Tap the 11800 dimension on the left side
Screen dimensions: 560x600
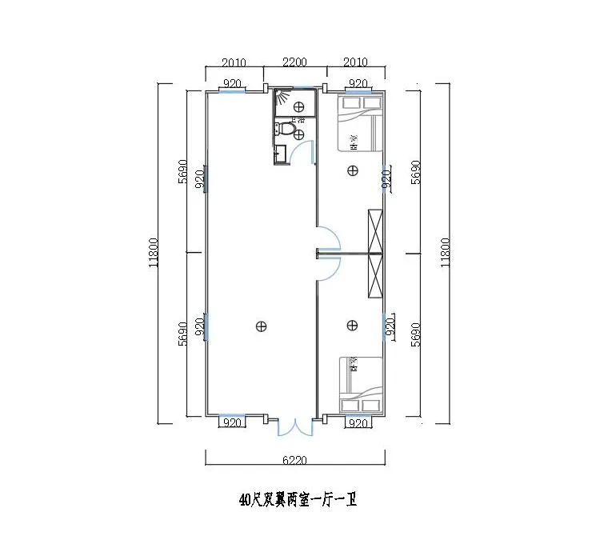(152, 254)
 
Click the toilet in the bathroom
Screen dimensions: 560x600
(290, 129)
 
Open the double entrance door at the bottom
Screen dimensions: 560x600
(295, 427)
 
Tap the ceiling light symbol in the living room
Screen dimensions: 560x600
(260, 325)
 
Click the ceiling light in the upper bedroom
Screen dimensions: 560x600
(353, 170)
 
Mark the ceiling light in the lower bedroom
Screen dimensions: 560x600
(353, 325)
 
